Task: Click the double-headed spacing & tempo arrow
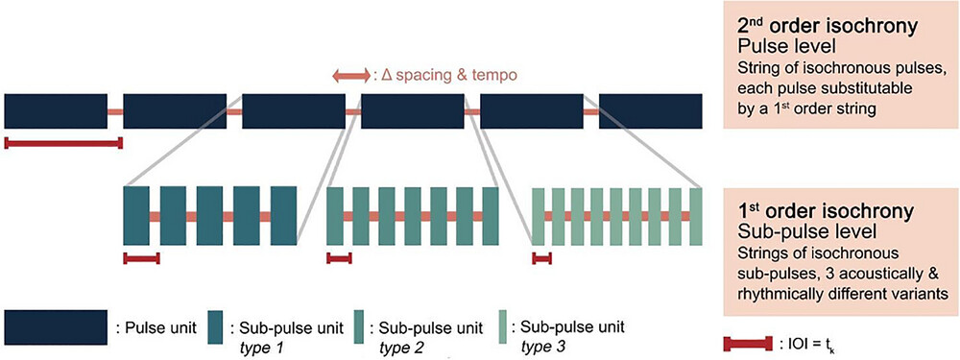click(348, 74)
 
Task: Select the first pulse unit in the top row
click(56, 111)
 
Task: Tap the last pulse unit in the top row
click(653, 111)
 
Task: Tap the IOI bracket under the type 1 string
click(141, 257)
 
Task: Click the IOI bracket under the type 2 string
click(340, 257)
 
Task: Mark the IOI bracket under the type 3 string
click(542, 257)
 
